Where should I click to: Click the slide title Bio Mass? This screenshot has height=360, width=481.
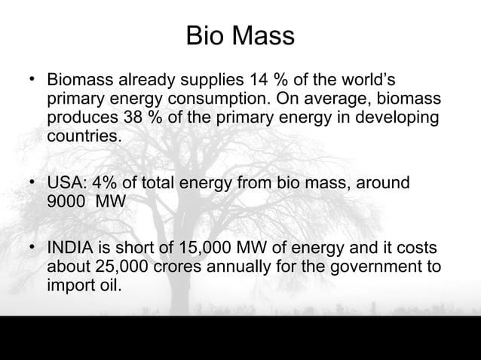(240, 35)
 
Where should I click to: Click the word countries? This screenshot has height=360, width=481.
(83, 138)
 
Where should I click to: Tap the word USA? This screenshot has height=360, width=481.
(65, 183)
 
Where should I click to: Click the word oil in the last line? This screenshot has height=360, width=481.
(106, 287)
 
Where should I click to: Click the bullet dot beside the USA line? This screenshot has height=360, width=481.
(32, 182)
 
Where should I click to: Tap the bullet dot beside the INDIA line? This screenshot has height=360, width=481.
(32, 247)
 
